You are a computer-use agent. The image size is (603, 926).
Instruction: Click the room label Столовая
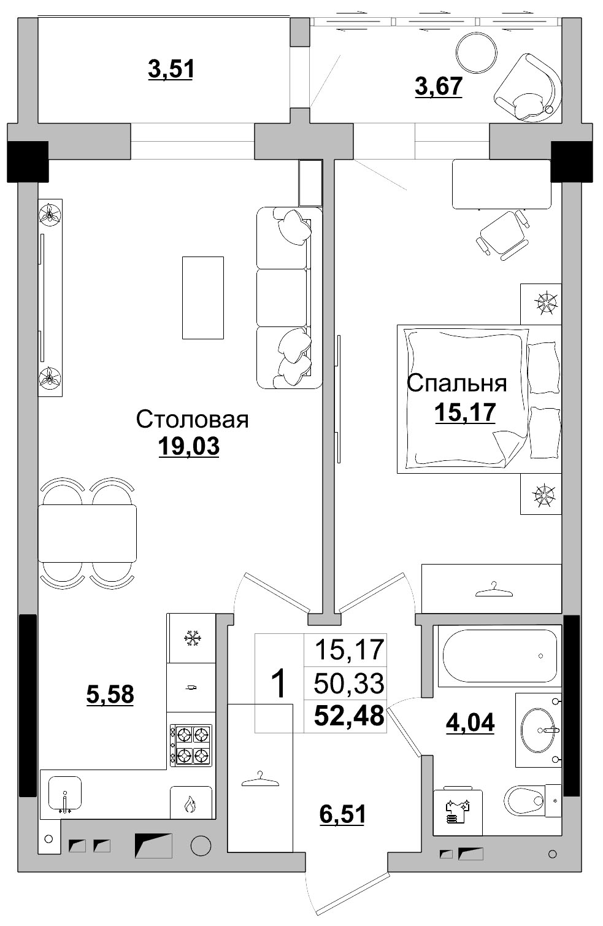click(192, 420)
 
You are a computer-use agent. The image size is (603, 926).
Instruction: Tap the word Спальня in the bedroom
click(456, 383)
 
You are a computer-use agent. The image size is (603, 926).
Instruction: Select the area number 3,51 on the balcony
click(171, 69)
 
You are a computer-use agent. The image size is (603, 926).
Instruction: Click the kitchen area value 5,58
click(110, 695)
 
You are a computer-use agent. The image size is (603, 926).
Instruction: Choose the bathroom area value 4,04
click(470, 722)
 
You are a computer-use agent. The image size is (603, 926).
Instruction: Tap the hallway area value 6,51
click(342, 814)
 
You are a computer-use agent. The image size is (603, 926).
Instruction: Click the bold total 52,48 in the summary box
click(348, 716)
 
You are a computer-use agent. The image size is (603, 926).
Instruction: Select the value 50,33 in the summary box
click(348, 682)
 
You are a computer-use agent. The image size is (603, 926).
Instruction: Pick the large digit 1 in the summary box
click(279, 684)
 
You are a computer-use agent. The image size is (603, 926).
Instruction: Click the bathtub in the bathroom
click(499, 656)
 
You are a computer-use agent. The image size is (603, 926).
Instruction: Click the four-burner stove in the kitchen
click(191, 744)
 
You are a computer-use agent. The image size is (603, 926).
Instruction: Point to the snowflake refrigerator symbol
click(192, 638)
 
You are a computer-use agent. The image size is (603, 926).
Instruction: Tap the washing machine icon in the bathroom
click(458, 811)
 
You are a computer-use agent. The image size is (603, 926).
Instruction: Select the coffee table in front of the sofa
click(202, 298)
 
